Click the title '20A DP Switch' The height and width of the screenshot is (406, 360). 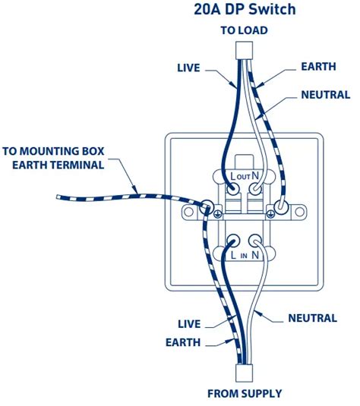(245, 9)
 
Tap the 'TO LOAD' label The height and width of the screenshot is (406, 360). (244, 30)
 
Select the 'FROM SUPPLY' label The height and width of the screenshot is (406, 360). (245, 394)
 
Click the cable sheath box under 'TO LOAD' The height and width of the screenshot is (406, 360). (244, 50)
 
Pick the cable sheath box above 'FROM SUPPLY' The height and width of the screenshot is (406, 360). (244, 373)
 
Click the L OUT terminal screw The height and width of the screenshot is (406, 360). (232, 189)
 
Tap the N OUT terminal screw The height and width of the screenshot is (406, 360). (255, 189)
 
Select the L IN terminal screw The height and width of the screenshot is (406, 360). (232, 241)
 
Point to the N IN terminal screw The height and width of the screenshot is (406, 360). (255, 241)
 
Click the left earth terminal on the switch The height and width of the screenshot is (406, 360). (207, 207)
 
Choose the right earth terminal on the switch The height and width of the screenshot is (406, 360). (281, 207)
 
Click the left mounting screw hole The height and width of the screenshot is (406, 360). (189, 212)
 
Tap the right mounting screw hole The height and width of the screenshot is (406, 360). (299, 212)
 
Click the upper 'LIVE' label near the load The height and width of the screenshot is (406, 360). (188, 68)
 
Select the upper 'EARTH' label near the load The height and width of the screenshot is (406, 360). (318, 67)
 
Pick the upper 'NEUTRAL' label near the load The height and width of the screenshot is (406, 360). (326, 95)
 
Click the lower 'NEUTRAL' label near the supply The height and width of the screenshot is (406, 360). (313, 318)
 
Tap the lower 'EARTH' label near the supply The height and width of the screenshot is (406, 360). (183, 342)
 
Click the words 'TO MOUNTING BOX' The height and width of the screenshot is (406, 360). (53, 151)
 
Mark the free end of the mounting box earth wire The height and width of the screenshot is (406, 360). (57, 197)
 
